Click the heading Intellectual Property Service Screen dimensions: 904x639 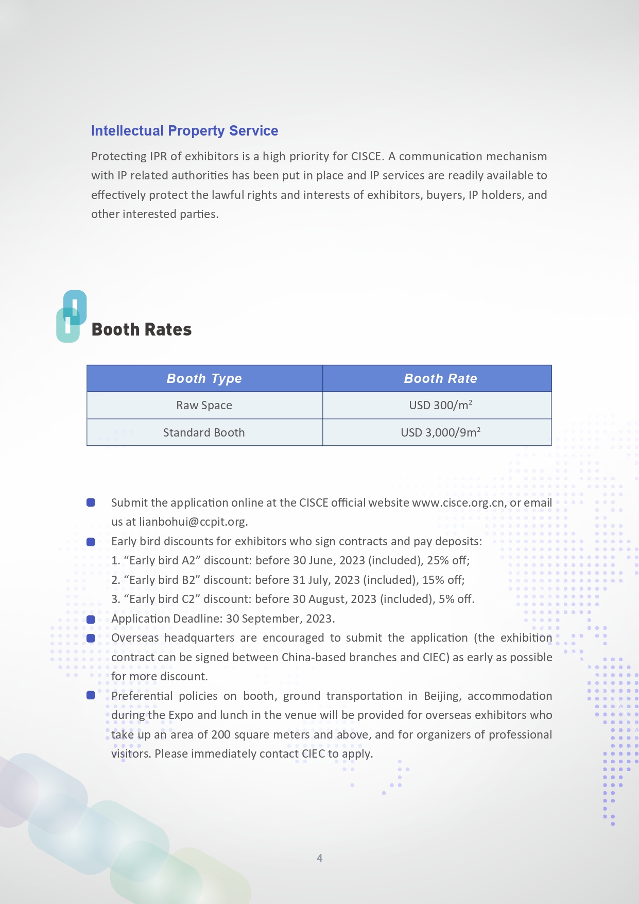(184, 131)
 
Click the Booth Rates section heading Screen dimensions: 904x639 (142, 330)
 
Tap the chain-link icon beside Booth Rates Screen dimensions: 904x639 (71, 316)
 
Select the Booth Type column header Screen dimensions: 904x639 (204, 379)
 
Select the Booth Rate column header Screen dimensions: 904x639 (440, 379)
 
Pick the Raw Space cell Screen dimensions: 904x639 (204, 406)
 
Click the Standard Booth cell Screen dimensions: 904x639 (204, 433)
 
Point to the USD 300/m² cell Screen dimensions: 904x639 (440, 406)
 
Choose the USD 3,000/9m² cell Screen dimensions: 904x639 (440, 433)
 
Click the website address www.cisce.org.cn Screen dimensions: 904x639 (458, 503)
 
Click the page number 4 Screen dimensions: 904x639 (319, 858)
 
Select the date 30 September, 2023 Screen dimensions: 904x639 (280, 619)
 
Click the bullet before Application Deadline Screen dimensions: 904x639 (91, 619)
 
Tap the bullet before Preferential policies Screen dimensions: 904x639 (91, 696)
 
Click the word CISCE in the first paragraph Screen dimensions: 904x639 (366, 157)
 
